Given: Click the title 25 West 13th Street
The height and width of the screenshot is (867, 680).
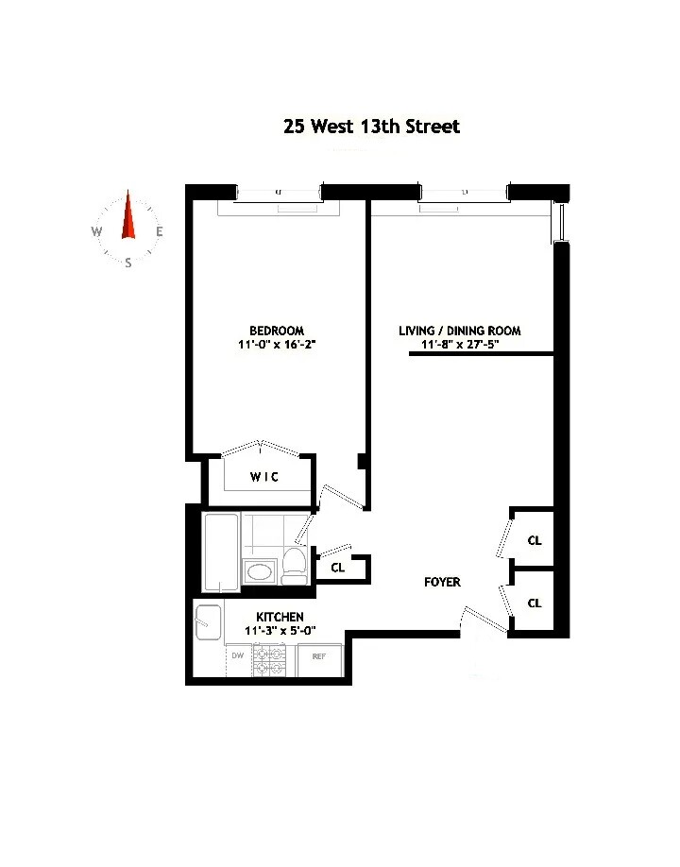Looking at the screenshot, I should [x=372, y=126].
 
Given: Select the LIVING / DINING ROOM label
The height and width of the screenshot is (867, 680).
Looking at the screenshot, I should [x=460, y=331].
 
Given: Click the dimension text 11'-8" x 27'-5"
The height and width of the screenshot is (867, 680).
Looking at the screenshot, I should [x=460, y=346].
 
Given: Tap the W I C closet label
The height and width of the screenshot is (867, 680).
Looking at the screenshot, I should [x=264, y=478].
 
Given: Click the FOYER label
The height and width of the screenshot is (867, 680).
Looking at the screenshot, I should [x=442, y=583].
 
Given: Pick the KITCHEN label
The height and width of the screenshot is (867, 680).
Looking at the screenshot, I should [x=280, y=617].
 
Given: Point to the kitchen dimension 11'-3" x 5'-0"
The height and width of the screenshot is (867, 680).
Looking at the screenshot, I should [x=280, y=631].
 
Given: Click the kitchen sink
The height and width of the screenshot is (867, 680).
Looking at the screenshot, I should [x=208, y=620].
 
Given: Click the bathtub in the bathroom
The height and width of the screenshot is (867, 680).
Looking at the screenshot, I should [x=221, y=552].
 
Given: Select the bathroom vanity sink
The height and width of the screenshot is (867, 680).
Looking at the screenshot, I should [x=258, y=570].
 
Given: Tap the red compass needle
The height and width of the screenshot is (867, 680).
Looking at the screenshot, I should [x=128, y=217].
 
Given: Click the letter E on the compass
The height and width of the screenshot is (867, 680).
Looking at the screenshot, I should [x=160, y=232].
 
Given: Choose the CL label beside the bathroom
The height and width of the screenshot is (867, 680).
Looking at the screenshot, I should [x=337, y=568].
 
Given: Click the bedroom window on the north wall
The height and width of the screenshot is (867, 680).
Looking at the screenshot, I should [x=278, y=194].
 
